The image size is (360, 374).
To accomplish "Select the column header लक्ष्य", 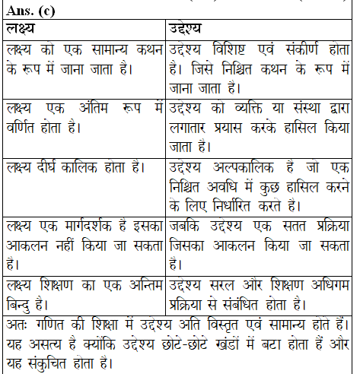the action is point(24,30).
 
